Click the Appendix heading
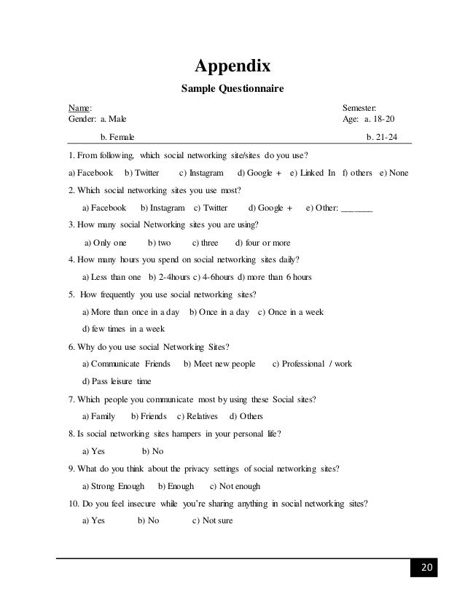[232, 67]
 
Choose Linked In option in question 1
[313, 173]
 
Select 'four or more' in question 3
[264, 242]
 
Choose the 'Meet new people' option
[219, 363]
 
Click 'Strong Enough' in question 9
[113, 485]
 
